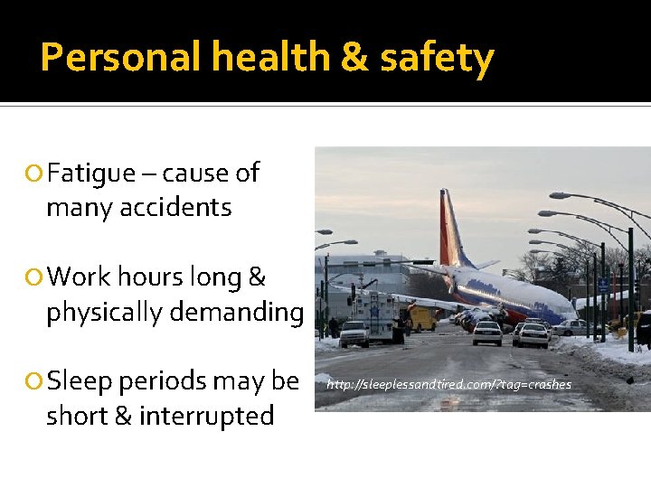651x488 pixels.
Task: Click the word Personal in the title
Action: [120, 58]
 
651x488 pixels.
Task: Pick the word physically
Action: [105, 313]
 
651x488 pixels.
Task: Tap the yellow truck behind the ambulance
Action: [421, 317]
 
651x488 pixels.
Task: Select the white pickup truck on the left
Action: [354, 333]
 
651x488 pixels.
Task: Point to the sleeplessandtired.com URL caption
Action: [448, 385]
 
